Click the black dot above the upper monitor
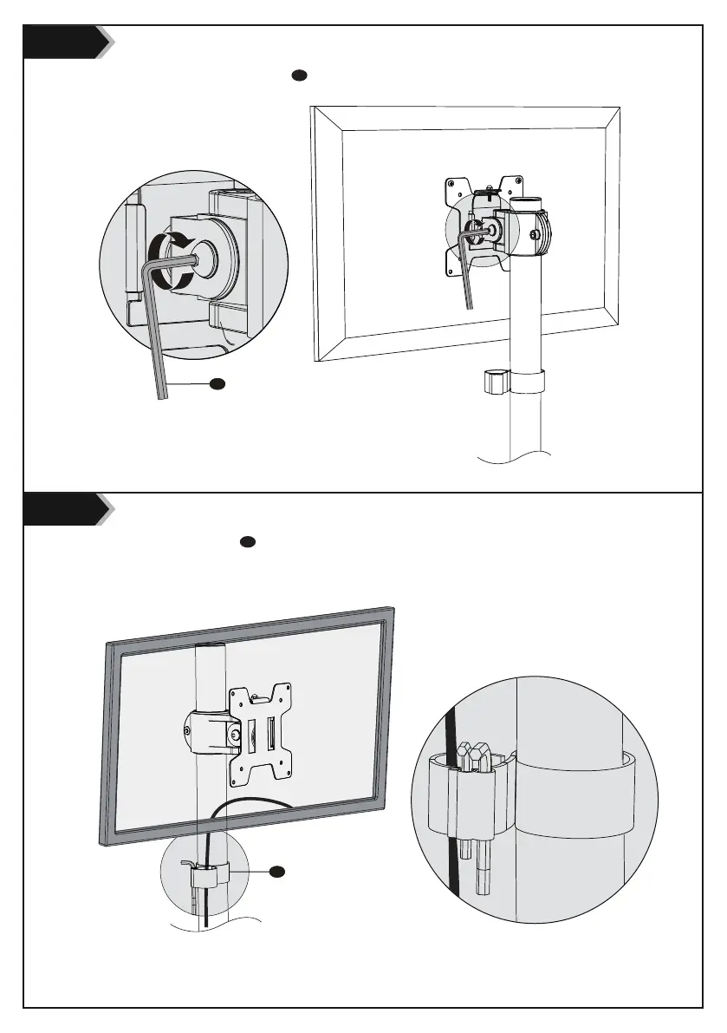coord(299,75)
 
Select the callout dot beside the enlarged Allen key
coord(218,382)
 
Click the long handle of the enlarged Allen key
coord(157,347)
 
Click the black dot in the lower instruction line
coord(246,542)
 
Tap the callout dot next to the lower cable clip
coord(276,870)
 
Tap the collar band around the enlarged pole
coord(572,793)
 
